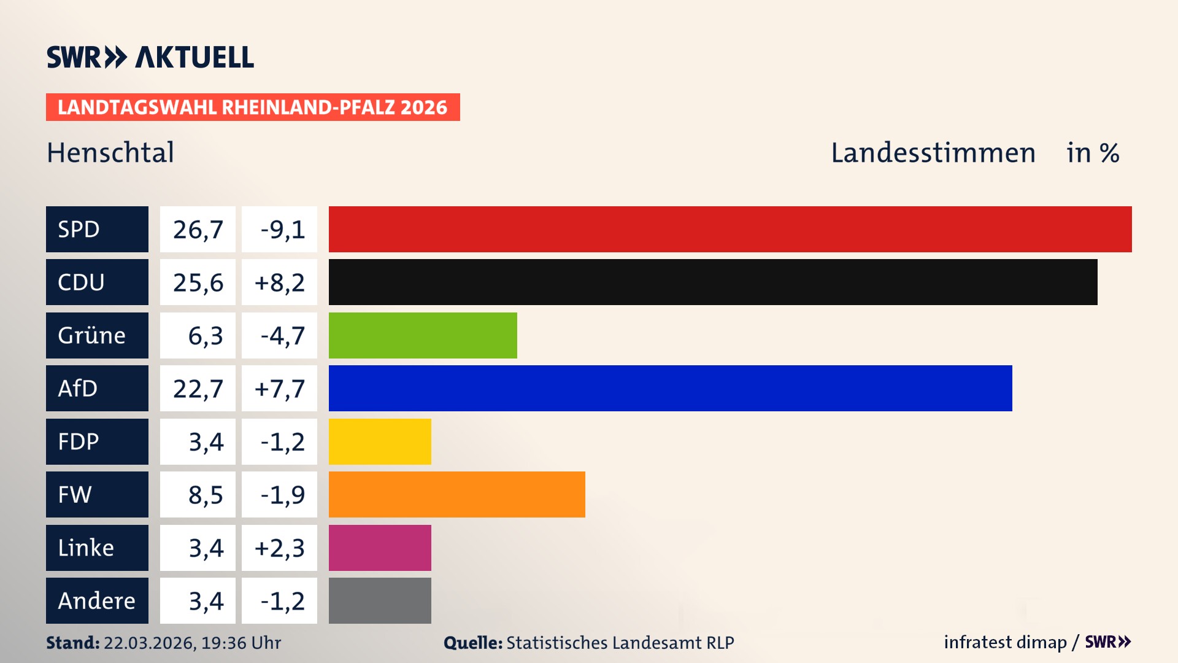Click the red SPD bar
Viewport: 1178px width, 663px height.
click(x=730, y=229)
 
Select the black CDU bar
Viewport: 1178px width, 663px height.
click(x=713, y=282)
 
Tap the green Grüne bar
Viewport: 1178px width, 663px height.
click(x=423, y=335)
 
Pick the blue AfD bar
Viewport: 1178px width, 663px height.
click(x=670, y=388)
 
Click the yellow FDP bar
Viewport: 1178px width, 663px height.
click(x=380, y=441)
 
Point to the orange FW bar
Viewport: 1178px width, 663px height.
click(x=456, y=494)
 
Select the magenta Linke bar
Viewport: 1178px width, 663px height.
click(x=380, y=548)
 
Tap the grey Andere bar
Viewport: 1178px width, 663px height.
click(x=380, y=600)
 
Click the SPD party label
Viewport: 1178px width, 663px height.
click(x=97, y=229)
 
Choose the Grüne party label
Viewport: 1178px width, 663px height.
click(x=97, y=335)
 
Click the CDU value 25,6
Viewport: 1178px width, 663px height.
click(x=198, y=282)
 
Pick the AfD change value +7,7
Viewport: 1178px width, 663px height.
click(x=279, y=389)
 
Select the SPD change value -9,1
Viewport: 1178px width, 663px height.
click(x=279, y=230)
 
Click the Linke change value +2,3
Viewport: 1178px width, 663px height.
click(x=279, y=548)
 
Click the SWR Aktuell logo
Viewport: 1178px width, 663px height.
click(x=150, y=57)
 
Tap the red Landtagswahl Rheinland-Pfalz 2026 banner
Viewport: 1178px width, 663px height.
click(x=252, y=107)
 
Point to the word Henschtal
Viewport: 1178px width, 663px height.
click(x=110, y=152)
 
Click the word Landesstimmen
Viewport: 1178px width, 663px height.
click(x=933, y=153)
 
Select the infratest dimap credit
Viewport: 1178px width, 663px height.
click(x=1004, y=642)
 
